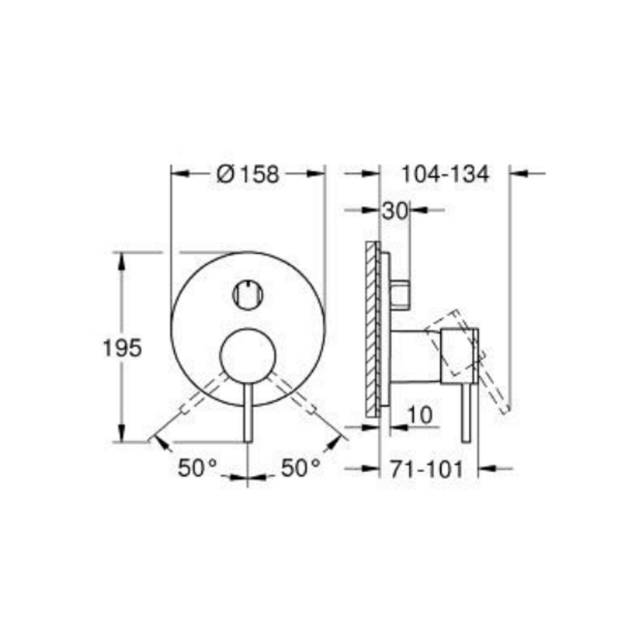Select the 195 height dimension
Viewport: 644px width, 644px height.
[x=122, y=348]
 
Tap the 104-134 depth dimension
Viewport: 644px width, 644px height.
[x=445, y=174]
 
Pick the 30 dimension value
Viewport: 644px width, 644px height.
[x=395, y=210]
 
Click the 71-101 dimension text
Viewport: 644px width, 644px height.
[x=426, y=469]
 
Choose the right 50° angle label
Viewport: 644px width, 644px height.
[x=301, y=468]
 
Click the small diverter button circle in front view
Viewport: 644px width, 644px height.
[x=247, y=294]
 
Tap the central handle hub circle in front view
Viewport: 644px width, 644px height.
[x=248, y=355]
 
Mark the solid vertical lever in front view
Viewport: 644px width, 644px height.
[x=248, y=412]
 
